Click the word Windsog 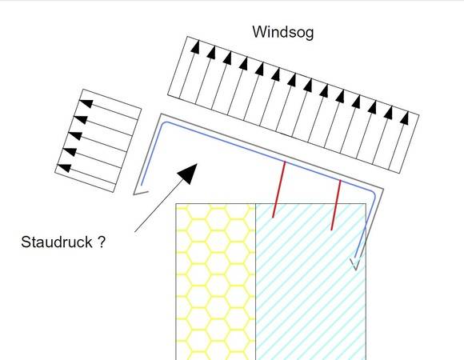click(x=283, y=32)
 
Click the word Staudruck click(x=57, y=242)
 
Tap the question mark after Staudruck click(x=102, y=242)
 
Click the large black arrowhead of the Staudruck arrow click(x=188, y=174)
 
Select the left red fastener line click(x=279, y=190)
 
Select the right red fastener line click(x=336, y=205)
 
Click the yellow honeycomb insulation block click(x=216, y=282)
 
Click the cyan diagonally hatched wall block click(x=310, y=282)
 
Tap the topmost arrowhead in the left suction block click(x=86, y=103)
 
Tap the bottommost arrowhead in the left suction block click(x=64, y=168)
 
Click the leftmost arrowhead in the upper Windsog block click(x=195, y=46)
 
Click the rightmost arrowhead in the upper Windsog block click(x=405, y=118)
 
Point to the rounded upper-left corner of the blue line click(x=165, y=124)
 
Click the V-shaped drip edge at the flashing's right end click(x=355, y=264)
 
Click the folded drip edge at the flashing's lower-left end click(x=141, y=193)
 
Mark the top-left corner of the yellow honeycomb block click(x=176, y=203)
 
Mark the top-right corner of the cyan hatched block click(x=366, y=203)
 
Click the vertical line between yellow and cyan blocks click(x=256, y=282)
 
